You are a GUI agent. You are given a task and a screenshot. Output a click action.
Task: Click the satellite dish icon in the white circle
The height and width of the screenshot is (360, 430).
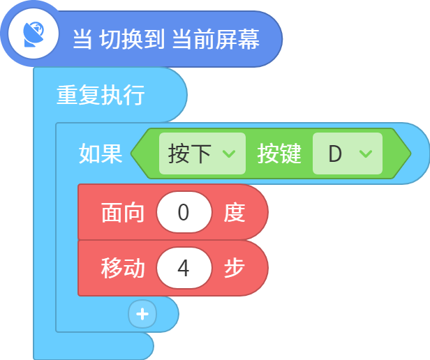[34, 34]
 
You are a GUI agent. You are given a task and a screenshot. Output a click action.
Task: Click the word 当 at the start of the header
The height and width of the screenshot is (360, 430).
[82, 39]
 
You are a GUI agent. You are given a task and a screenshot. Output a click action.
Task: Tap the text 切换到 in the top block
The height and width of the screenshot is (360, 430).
[132, 39]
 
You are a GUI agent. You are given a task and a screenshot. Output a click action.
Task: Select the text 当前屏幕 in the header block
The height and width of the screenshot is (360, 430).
[216, 39]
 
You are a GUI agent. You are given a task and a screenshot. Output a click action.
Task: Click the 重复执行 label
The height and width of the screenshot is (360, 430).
[101, 95]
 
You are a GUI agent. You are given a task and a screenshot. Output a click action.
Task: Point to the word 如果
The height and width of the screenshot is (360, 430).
[101, 153]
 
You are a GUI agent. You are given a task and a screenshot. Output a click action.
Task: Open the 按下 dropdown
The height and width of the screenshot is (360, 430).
[202, 153]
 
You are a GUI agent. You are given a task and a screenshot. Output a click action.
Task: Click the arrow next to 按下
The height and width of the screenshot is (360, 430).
[229, 153]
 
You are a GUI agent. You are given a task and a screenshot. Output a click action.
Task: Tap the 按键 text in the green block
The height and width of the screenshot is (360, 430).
[279, 153]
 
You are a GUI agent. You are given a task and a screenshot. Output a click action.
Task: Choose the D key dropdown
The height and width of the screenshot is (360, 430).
[348, 153]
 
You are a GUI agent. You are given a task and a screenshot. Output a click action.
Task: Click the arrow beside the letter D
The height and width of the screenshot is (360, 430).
[366, 153]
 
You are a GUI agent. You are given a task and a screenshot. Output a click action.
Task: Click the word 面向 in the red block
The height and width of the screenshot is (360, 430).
[122, 213]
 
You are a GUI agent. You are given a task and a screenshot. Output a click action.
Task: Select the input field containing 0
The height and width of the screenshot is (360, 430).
[184, 212]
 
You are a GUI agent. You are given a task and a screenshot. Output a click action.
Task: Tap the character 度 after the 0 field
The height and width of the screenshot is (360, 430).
[235, 213]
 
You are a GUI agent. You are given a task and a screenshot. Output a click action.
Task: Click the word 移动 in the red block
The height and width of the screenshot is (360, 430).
[122, 268]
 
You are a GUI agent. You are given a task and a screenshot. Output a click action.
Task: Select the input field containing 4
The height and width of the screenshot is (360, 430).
[184, 268]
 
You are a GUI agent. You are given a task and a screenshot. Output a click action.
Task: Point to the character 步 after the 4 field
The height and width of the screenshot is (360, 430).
[235, 268]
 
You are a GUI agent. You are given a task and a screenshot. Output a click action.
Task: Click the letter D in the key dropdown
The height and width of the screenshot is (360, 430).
[335, 153]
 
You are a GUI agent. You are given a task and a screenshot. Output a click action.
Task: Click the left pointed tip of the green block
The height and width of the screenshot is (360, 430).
[131, 153]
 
